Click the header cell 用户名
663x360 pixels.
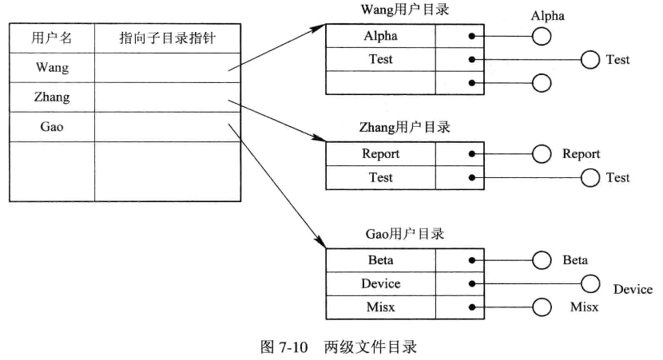coord(51,38)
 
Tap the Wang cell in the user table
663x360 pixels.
coord(51,68)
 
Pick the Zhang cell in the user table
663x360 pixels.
coord(51,97)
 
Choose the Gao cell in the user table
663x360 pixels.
coord(51,127)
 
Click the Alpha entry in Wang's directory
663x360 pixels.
coord(380,36)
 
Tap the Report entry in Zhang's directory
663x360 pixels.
coord(380,154)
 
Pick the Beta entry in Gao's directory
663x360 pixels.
coord(380,260)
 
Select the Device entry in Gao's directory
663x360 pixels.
coord(380,283)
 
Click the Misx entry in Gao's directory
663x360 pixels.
coord(380,307)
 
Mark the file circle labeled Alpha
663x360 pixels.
coord(542,37)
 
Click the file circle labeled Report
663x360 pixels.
coord(542,154)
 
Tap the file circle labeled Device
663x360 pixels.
coord(590,283)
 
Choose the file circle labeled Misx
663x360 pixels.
coord(542,307)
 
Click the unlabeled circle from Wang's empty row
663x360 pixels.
coord(542,82)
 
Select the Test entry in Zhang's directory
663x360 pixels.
coord(380,177)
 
